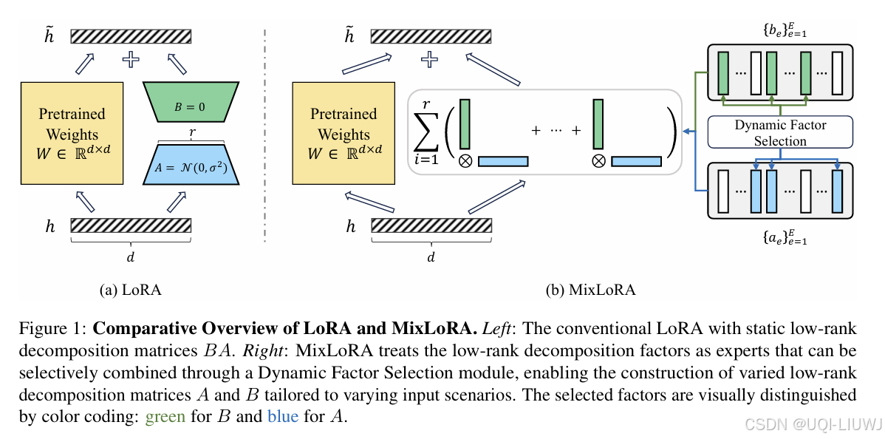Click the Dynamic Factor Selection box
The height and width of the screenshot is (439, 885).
[x=780, y=132]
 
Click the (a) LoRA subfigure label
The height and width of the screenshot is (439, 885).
[x=130, y=290]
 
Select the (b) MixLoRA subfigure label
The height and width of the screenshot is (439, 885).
[x=590, y=290]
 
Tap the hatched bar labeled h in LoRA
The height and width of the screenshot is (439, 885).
[x=131, y=226]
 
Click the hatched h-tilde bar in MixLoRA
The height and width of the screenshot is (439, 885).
[x=431, y=36]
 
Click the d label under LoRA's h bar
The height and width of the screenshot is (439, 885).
[x=131, y=256]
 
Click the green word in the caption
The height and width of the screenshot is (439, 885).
[x=165, y=416]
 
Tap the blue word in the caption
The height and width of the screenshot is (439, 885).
[x=283, y=416]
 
